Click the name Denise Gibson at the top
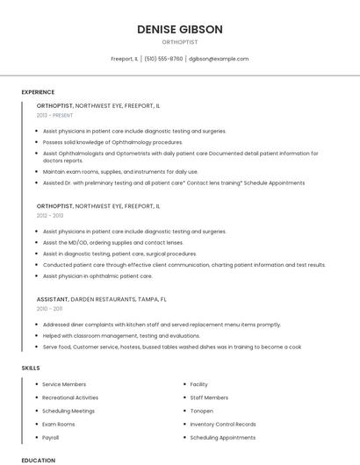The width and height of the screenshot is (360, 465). (x=179, y=30)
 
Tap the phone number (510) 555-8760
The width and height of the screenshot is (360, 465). (x=163, y=59)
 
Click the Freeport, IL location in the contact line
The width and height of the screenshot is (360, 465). (x=124, y=59)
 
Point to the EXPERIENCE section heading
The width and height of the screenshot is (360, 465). (x=38, y=92)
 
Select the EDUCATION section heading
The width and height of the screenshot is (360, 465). (x=38, y=460)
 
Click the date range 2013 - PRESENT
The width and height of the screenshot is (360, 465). (x=54, y=115)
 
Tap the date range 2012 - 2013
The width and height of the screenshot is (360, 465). (x=50, y=215)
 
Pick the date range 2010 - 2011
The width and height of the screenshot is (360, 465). (x=49, y=309)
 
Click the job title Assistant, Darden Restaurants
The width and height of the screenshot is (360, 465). (x=101, y=298)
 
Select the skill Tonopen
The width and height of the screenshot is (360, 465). (x=202, y=411)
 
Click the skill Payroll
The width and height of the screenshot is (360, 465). (x=51, y=437)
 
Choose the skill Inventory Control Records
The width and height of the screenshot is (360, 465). (x=222, y=424)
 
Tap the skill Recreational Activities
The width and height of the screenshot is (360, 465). (x=70, y=397)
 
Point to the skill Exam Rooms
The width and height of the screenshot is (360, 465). (x=59, y=424)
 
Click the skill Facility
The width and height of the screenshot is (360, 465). (x=199, y=384)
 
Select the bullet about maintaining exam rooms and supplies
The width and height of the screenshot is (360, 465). (x=120, y=172)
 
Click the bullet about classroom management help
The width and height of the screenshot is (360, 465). (x=115, y=334)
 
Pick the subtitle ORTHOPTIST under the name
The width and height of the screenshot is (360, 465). (x=179, y=42)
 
